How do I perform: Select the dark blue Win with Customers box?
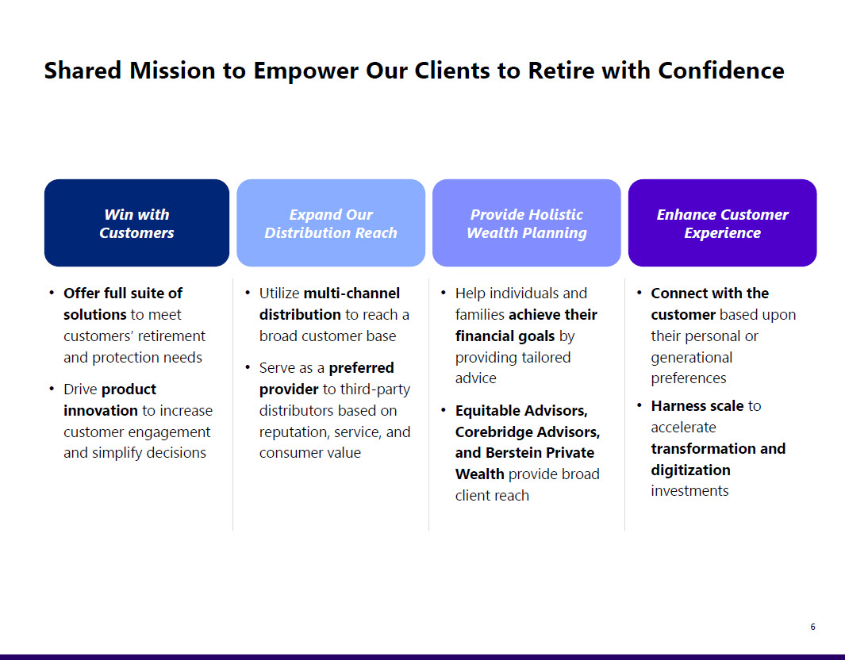(x=136, y=223)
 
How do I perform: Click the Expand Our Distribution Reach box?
(x=331, y=223)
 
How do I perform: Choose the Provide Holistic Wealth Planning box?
(x=527, y=223)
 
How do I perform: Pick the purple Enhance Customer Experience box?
(x=722, y=223)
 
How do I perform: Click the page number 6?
(x=812, y=627)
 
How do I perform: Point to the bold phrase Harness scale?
(x=697, y=406)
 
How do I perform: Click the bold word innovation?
(x=101, y=411)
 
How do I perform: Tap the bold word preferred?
(x=361, y=368)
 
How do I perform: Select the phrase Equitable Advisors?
(x=521, y=411)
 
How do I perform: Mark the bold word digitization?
(x=690, y=470)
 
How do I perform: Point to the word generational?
(x=691, y=358)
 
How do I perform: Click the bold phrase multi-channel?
(x=351, y=294)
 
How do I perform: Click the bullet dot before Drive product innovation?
(x=52, y=389)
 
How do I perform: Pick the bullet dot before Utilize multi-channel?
(x=248, y=293)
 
